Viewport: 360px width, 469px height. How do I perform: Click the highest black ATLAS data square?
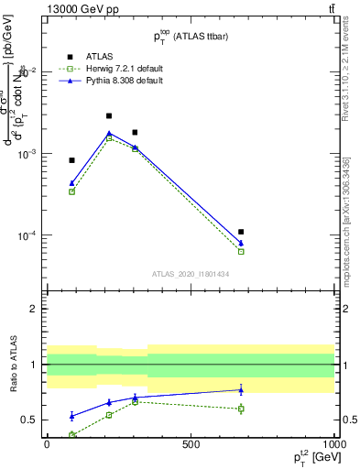(109, 116)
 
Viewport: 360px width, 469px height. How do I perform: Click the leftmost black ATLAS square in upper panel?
(71, 160)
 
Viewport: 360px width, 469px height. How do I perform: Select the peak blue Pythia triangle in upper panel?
(109, 133)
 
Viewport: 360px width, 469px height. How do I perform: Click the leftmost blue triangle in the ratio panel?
(71, 416)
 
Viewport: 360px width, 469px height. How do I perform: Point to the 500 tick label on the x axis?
(191, 444)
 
